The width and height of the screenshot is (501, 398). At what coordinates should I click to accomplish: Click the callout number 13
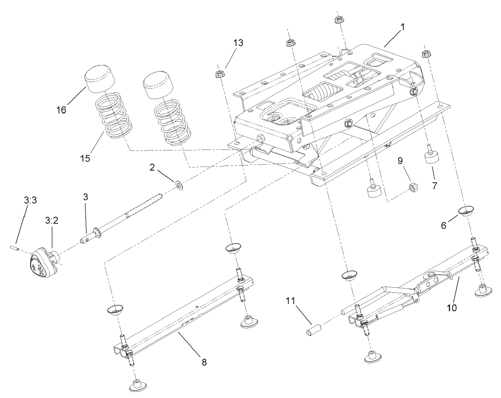click(237, 43)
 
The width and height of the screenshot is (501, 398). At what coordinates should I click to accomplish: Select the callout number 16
click(61, 110)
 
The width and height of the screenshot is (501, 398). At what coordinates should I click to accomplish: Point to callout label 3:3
click(30, 200)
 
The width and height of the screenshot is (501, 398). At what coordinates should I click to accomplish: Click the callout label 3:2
click(52, 220)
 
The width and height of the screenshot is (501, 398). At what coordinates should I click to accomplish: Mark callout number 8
click(204, 361)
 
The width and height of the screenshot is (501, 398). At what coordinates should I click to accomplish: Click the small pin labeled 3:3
click(15, 247)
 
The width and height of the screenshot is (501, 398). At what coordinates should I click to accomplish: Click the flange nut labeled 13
click(219, 75)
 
